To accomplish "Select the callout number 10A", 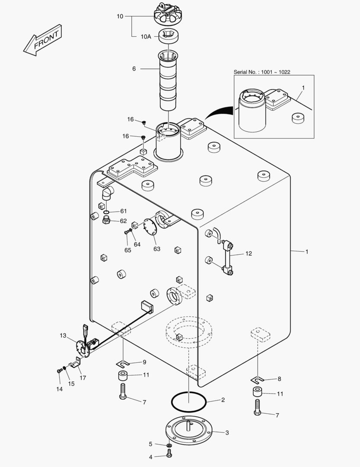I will click(146, 37).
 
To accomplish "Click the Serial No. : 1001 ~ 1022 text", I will click(262, 72).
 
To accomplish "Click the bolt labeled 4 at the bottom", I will click(169, 454).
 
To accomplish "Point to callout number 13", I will click(64, 335).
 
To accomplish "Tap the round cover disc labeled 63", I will click(150, 227).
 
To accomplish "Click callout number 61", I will click(124, 211).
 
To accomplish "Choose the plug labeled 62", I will click(106, 221).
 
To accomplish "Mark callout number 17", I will click(83, 377).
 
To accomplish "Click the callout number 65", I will click(128, 250).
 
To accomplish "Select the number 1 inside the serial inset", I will click(303, 88).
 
